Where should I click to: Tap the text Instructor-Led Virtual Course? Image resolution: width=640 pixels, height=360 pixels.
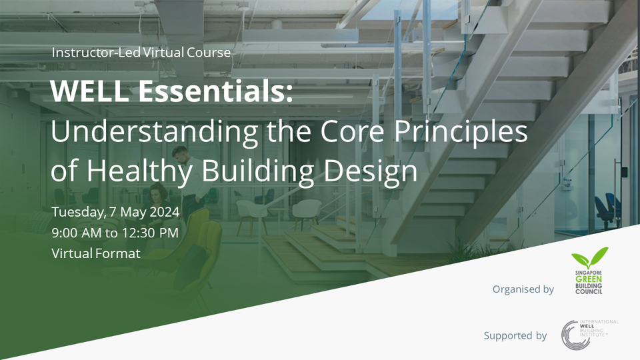click(141, 52)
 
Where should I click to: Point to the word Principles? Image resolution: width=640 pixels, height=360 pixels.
click(459, 132)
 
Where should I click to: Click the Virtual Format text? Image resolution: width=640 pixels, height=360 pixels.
click(96, 253)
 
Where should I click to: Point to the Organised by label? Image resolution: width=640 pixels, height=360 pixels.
click(523, 289)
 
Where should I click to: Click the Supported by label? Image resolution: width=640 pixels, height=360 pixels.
click(515, 335)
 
